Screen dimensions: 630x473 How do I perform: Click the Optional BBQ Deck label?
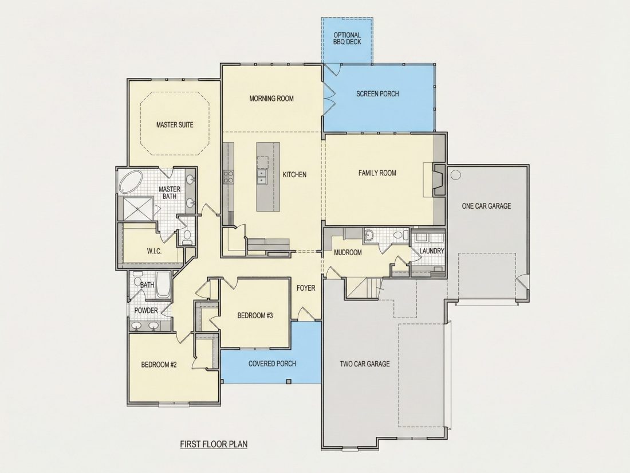pos(347,38)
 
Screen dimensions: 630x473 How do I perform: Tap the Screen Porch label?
pos(377,93)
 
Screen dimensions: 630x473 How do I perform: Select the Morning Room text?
pos(271,98)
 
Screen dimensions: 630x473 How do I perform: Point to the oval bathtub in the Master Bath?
pos(131,182)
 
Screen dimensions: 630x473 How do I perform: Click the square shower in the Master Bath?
pos(138,208)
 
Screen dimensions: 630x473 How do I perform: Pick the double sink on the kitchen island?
pos(262,176)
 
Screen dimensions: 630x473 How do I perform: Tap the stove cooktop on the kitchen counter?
pos(229,177)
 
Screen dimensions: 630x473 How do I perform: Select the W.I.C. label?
pos(154,251)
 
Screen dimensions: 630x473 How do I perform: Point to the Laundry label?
pos(432,251)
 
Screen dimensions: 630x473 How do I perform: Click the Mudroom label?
pos(348,253)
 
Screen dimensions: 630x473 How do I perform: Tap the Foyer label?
pos(306,288)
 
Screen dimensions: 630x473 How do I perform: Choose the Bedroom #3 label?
pos(255,316)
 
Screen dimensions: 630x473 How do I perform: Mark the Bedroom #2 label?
pos(159,365)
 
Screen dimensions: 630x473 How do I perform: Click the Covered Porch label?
pos(273,363)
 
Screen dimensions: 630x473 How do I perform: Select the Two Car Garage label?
pos(365,364)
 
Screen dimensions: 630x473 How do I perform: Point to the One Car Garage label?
pos(487,206)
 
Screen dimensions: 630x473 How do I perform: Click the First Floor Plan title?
pos(214,444)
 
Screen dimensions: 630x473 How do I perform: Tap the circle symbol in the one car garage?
pos(456,175)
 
